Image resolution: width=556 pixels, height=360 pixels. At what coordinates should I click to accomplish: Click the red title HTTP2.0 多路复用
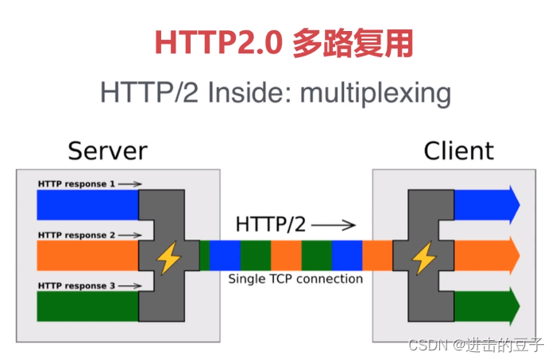[283, 44]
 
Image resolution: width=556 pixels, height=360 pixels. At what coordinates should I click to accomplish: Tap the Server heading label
[107, 150]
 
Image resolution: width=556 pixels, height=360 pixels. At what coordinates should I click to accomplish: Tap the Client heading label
[458, 150]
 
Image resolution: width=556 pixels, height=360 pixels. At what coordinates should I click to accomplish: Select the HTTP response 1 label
[76, 184]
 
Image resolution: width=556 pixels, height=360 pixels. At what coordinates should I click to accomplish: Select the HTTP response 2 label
[76, 235]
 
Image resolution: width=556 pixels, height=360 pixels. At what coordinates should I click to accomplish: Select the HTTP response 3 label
[76, 285]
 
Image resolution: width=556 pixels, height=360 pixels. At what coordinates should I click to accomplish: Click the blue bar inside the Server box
[87, 205]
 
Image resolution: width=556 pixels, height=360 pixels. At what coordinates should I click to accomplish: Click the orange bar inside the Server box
[87, 256]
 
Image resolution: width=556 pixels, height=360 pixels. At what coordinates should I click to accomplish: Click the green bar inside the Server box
[87, 306]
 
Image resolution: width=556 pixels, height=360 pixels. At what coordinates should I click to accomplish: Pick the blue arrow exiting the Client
[486, 205]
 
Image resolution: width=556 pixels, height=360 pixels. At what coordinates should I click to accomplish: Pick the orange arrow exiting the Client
[486, 256]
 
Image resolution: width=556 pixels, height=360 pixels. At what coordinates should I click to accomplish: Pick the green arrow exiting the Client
[486, 306]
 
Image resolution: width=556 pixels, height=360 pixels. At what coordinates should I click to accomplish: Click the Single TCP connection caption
[295, 279]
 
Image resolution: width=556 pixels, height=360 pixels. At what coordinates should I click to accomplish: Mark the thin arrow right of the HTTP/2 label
[331, 224]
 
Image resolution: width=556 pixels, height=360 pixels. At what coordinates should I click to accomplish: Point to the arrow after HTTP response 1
[130, 184]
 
